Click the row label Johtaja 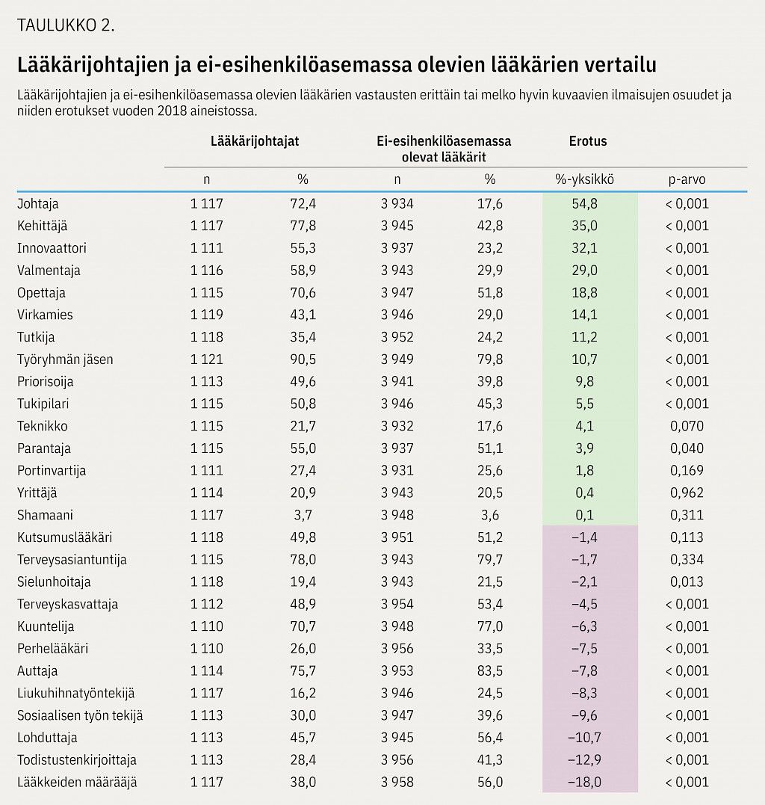point(38,204)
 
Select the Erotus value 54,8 point(584,204)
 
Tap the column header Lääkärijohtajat point(255,141)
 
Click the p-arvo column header point(687,179)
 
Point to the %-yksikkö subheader point(584,179)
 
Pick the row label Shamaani point(45,515)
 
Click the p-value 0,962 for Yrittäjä point(687,493)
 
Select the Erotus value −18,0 point(584,782)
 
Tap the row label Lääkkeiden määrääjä point(77,782)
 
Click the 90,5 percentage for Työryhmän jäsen point(303,360)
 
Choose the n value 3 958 point(397,782)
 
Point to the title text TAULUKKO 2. point(66,25)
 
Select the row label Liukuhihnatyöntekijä point(76,693)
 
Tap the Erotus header point(588,141)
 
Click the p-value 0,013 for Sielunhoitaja point(687,582)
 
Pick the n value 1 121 point(207,360)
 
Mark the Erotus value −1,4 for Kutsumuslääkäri point(584,537)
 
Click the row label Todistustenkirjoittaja point(77,760)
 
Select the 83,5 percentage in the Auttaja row point(490,671)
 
